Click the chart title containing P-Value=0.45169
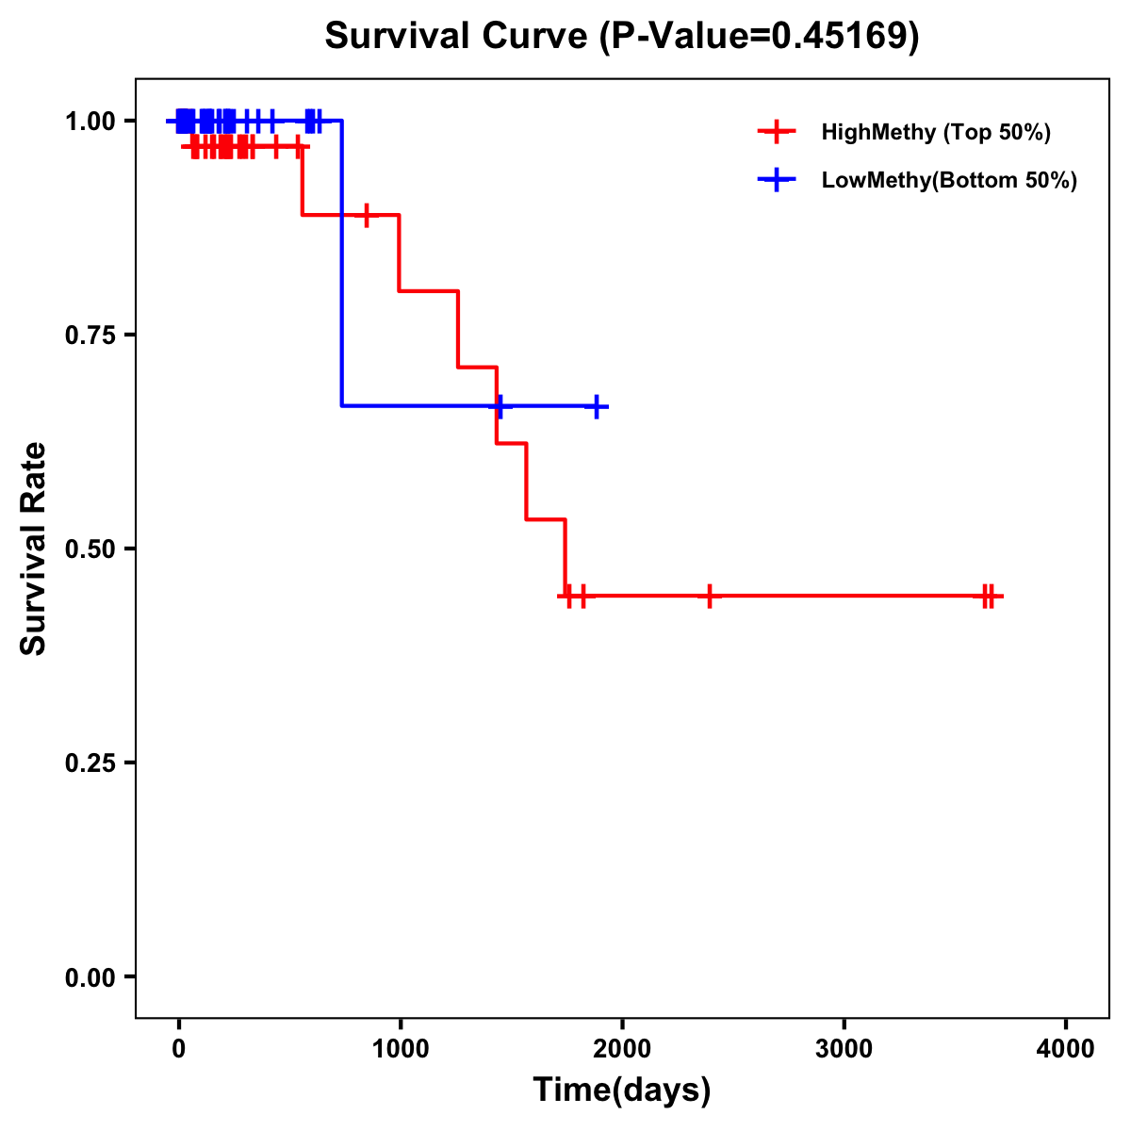[x=621, y=37]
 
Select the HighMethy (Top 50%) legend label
[x=935, y=132]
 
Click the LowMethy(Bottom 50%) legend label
[x=948, y=180]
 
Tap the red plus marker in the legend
[x=776, y=132]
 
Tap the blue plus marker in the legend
[x=776, y=180]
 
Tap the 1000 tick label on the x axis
[x=400, y=1049]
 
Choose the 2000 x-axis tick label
[x=622, y=1049]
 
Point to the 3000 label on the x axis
[x=844, y=1049]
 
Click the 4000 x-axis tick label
[x=1066, y=1049]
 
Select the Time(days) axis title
[x=621, y=1090]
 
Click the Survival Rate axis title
[x=34, y=549]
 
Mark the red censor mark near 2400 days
[x=710, y=596]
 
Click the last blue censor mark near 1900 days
[x=597, y=406]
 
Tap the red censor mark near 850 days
[x=367, y=215]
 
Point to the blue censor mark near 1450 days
[x=499, y=406]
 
